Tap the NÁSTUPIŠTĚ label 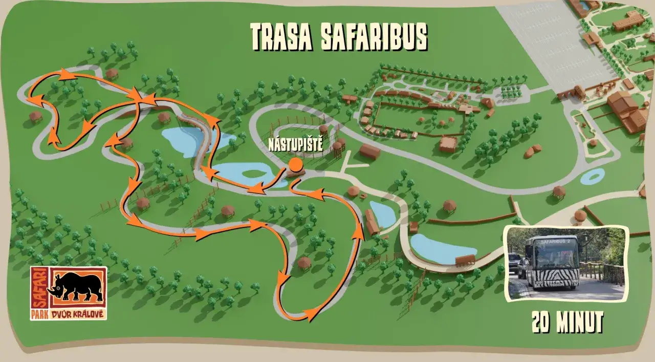coord(296,145)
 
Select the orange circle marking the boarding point coord(295,164)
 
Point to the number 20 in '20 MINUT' coord(543,323)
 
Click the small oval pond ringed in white coord(592,177)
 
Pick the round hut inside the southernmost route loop coord(304,263)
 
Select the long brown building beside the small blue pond coord(372,222)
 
